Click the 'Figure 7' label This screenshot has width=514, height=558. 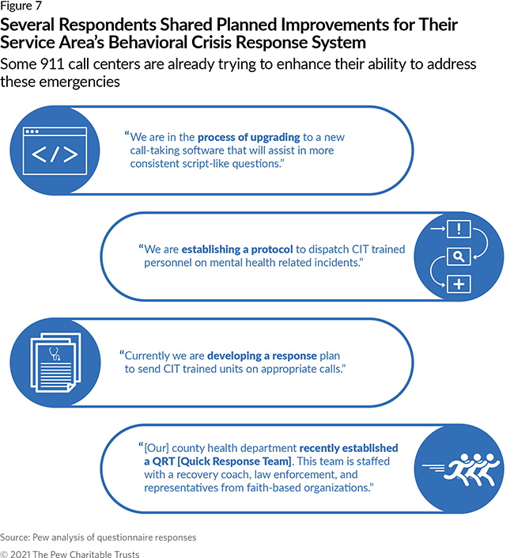[22, 7]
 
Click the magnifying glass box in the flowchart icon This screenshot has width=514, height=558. [459, 256]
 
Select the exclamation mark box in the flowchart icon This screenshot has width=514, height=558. [459, 229]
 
